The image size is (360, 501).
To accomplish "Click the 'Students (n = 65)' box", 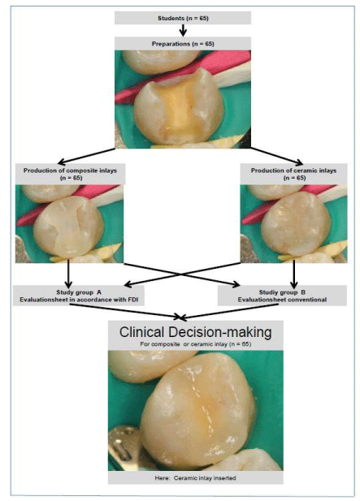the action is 183,18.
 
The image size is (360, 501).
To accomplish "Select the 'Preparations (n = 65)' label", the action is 183,44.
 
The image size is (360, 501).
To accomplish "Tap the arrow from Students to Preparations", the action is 183,30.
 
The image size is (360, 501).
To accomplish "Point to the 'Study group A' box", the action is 78,296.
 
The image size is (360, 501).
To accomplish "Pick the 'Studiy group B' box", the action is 282,296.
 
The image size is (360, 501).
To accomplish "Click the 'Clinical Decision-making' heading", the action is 196,332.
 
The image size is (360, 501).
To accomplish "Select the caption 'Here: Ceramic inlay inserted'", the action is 195,478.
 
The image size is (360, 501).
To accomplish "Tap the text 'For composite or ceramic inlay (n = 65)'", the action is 195,344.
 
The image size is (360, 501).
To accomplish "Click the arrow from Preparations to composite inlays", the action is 86,156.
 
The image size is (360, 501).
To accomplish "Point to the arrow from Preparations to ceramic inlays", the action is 277,156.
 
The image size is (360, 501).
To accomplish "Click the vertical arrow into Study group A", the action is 68,274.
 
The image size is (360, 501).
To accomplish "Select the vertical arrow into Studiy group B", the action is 294,274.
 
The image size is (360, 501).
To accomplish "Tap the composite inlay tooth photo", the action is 69,223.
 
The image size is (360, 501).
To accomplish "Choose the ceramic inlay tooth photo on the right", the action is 293,223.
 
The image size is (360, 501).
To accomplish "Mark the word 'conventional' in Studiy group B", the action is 306,300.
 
